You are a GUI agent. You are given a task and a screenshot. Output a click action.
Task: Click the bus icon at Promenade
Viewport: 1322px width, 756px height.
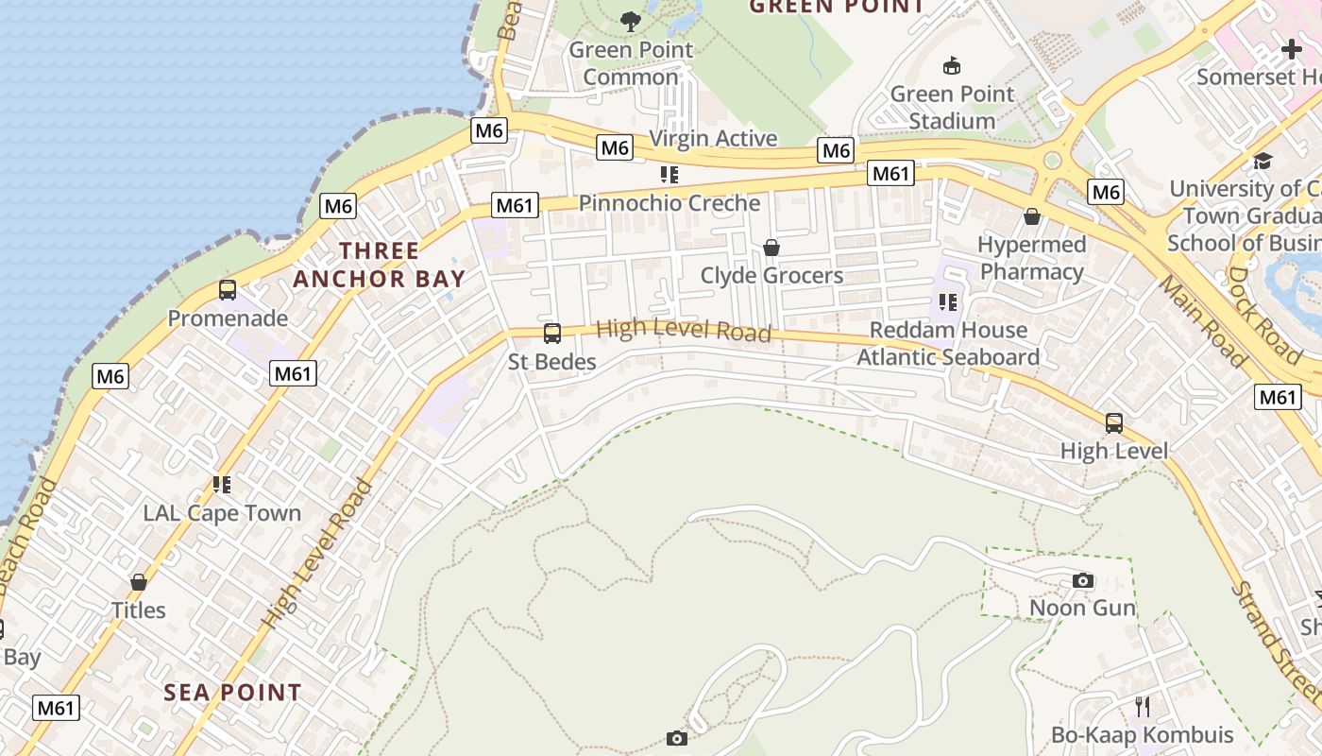228,290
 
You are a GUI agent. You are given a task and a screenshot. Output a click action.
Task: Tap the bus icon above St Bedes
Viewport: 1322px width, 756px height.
552,334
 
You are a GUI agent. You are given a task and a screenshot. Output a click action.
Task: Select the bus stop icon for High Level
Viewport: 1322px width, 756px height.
1114,423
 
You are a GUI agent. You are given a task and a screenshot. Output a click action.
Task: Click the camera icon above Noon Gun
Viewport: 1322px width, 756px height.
1083,580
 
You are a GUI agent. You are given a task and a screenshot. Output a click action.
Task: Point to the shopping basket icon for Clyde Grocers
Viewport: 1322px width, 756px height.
771,248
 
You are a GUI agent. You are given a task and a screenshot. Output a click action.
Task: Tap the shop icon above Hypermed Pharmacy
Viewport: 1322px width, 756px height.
1032,216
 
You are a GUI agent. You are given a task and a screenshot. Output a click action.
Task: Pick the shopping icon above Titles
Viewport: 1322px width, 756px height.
139,582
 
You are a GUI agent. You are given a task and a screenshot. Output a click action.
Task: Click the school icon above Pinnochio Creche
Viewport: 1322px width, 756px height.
669,175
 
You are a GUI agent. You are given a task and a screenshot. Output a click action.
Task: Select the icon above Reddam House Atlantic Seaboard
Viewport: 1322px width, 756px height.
948,302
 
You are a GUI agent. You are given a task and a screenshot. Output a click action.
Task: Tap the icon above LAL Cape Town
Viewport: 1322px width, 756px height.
222,486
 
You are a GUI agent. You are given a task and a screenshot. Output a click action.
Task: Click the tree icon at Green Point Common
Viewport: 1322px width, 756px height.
631,21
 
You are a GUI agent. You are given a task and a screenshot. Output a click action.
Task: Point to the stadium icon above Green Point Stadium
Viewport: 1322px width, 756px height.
952,66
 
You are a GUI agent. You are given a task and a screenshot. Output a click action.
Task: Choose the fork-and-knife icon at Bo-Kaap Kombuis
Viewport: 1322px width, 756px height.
1143,707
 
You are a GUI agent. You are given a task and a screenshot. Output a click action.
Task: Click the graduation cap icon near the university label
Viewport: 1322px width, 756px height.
1263,161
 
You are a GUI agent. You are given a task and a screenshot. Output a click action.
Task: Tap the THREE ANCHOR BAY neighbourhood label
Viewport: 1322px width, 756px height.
379,265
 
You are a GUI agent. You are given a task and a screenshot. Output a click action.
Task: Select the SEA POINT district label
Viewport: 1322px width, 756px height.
232,693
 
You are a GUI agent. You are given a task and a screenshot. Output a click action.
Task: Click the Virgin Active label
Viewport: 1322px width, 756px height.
713,138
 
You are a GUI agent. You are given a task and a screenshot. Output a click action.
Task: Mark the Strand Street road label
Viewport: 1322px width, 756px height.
1276,643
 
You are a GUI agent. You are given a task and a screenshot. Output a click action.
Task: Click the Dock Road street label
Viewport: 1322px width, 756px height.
1264,315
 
